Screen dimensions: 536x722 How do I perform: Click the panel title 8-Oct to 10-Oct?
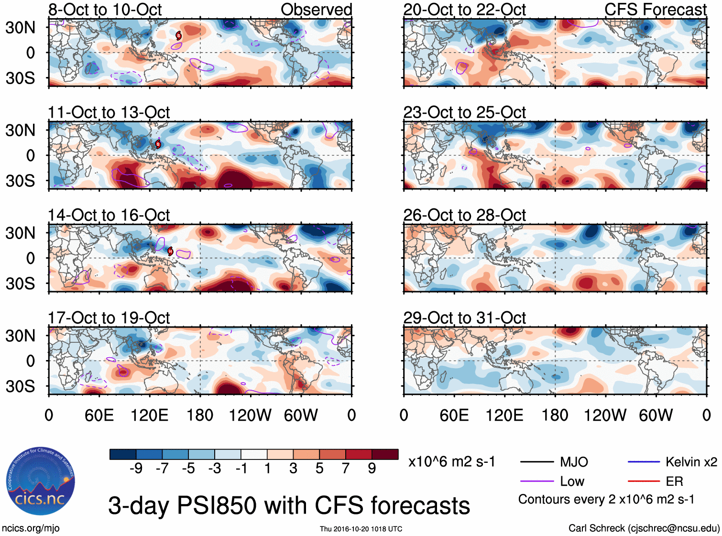(x=105, y=10)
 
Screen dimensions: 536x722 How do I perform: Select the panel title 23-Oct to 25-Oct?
(x=464, y=112)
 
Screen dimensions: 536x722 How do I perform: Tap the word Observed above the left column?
(x=316, y=10)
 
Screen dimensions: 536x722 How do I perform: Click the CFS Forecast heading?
(x=655, y=10)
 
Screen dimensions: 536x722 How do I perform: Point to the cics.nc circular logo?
(x=41, y=481)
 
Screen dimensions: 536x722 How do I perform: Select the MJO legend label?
(x=574, y=462)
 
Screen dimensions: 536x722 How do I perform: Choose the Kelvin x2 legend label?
(x=691, y=462)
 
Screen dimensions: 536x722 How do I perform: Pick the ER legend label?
(x=674, y=481)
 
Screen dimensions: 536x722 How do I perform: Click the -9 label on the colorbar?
(x=136, y=469)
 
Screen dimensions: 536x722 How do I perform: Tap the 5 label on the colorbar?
(x=319, y=469)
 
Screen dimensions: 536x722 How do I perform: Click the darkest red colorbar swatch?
(x=385, y=454)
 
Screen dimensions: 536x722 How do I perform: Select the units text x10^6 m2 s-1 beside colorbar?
(x=451, y=462)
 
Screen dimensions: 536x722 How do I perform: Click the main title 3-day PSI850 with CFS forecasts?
(x=289, y=505)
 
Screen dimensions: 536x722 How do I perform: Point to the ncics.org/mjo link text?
(x=31, y=528)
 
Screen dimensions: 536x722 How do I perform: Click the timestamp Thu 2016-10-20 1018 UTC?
(x=361, y=529)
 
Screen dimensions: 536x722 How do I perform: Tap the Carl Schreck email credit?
(x=644, y=528)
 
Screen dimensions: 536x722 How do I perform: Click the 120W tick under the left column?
(x=250, y=415)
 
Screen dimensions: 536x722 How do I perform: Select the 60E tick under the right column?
(x=454, y=415)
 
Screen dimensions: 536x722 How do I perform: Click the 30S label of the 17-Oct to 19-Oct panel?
(x=20, y=386)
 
